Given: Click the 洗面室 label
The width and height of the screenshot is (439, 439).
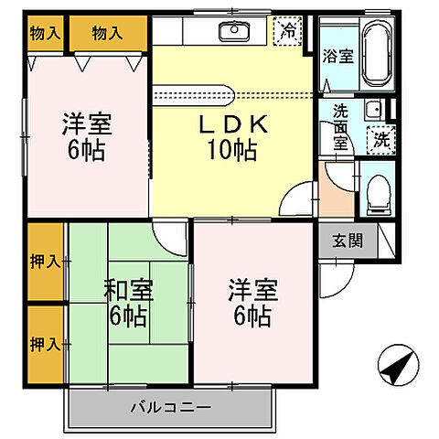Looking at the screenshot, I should coord(340,124).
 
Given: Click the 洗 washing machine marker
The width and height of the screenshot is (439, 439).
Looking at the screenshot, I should coord(378,140).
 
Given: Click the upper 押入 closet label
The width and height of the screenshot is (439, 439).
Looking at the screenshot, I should coord(44,262).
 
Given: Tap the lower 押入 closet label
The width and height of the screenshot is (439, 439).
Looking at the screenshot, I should coord(44,345).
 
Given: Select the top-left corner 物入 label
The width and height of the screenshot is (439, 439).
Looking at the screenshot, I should coord(45,34).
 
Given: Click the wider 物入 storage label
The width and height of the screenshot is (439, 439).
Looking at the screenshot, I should coord(108,34).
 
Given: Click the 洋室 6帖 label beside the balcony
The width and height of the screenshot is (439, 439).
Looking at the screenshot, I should coord(249,303).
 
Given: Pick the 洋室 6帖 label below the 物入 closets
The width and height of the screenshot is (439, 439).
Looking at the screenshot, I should coord(83,134).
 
